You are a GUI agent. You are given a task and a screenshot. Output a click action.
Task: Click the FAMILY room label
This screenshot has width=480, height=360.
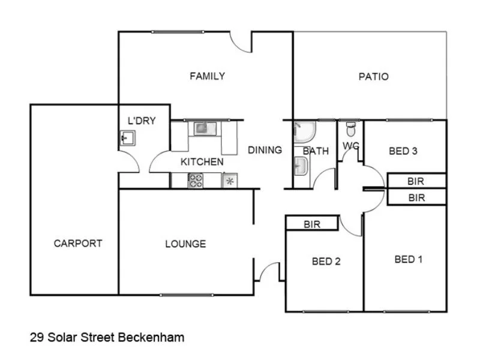click(x=207, y=76)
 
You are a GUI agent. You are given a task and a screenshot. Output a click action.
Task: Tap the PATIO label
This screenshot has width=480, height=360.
click(x=373, y=77)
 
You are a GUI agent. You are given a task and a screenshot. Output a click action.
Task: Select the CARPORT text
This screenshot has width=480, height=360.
click(x=77, y=244)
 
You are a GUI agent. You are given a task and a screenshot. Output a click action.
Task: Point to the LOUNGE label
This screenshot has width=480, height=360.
click(x=185, y=244)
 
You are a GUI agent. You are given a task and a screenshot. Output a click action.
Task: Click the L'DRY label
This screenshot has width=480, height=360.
click(x=142, y=121)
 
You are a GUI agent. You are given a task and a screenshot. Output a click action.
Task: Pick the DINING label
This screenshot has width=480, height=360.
click(x=265, y=150)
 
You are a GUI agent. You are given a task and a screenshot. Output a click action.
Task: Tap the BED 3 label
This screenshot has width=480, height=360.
click(x=403, y=151)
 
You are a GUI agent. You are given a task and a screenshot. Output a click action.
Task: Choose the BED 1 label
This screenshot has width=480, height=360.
click(x=409, y=259)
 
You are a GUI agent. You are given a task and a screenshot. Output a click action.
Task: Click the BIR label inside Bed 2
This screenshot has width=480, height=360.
click(x=311, y=225)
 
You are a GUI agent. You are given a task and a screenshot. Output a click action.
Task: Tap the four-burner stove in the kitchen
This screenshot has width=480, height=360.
click(x=196, y=180)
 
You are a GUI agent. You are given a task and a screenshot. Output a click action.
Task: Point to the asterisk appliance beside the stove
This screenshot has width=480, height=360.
click(x=229, y=181)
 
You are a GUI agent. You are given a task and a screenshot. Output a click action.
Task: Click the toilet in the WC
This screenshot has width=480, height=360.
click(x=351, y=128)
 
